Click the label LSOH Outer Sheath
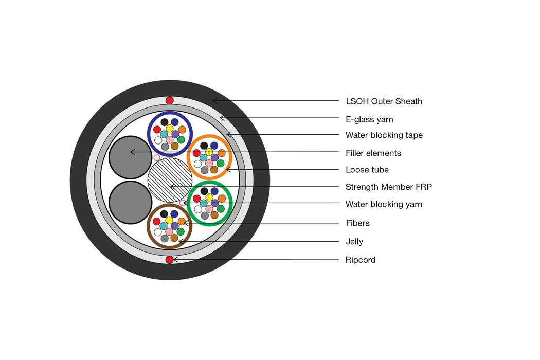[384, 101]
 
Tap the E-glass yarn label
[369, 120]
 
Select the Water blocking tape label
[384, 135]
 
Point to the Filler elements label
[373, 153]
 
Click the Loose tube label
[367, 170]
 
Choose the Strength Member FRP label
[388, 187]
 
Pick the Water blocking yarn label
[384, 204]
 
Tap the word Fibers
[357, 223]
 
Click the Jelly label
[354, 242]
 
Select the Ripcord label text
[361, 260]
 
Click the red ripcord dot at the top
[170, 100]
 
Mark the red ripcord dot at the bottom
[170, 260]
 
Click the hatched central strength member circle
[170, 180]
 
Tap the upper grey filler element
[131, 157]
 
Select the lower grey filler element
[131, 202]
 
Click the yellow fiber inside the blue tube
[170, 128]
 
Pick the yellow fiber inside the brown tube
[169, 220]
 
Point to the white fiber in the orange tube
[198, 164]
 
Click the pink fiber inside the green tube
[209, 209]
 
